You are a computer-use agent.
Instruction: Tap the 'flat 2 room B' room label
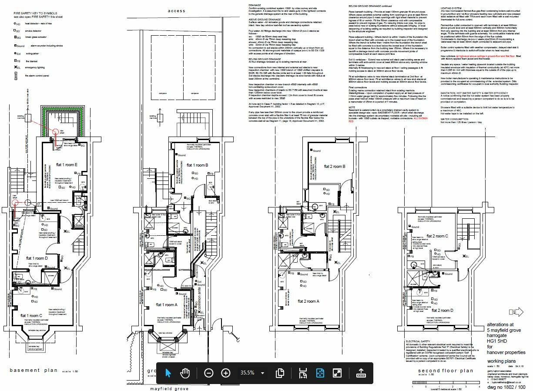(x=334, y=167)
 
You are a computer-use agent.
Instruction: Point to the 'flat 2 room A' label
(x=308, y=301)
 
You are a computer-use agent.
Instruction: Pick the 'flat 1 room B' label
(x=198, y=165)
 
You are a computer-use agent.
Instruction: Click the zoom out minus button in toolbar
(x=209, y=373)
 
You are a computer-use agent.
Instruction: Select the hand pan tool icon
(x=185, y=373)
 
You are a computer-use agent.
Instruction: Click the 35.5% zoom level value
(x=247, y=373)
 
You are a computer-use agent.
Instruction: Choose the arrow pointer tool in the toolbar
(x=168, y=373)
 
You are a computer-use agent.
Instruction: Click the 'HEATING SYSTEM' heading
(x=451, y=8)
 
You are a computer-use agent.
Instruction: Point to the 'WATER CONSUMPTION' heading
(x=455, y=119)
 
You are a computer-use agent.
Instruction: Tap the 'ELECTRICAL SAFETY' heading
(x=418, y=341)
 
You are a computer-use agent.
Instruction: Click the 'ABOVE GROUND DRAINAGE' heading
(x=265, y=20)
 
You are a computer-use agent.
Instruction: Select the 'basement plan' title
(x=34, y=371)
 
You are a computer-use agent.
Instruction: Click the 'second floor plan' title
(x=440, y=371)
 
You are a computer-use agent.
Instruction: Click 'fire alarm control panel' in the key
(x=38, y=76)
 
